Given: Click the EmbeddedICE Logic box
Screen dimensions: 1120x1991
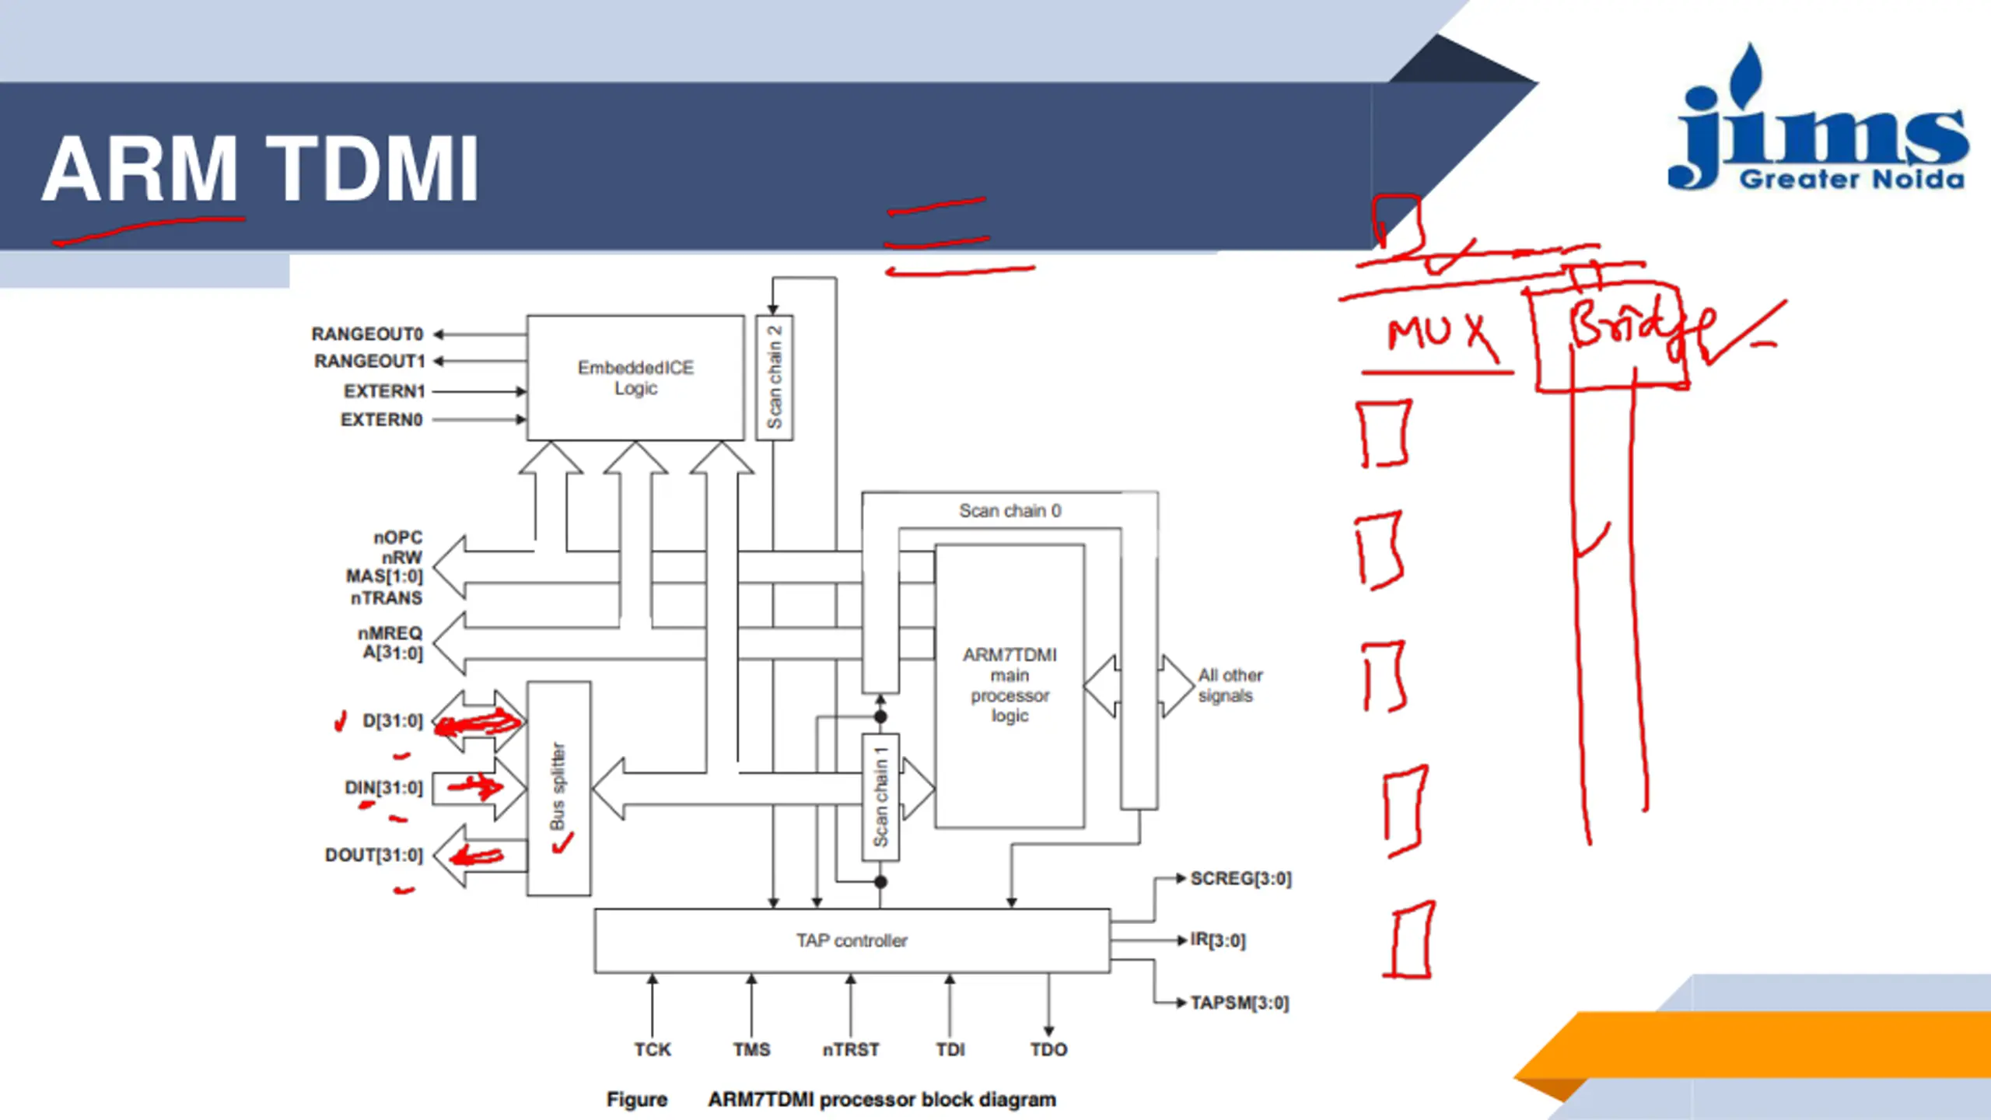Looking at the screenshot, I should point(635,377).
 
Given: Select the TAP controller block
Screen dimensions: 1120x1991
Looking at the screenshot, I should point(852,940).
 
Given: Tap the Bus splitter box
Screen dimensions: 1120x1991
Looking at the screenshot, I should point(558,787).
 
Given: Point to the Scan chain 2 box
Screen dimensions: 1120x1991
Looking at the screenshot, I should point(774,377).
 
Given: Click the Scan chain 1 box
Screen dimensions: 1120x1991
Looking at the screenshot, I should point(880,796).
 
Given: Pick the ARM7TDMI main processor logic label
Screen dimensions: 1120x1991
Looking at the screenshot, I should point(1009,684).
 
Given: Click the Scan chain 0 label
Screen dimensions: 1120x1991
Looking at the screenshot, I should point(1009,511).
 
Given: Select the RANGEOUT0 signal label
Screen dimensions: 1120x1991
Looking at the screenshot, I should point(367,334).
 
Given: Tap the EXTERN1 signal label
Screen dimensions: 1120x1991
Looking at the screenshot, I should point(384,391).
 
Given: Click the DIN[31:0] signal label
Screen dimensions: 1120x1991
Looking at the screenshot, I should point(383,788).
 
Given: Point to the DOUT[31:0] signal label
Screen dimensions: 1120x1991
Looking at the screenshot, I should point(373,855).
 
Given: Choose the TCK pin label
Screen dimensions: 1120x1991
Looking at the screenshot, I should point(652,1049).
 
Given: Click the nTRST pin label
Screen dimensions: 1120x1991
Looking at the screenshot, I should point(851,1049).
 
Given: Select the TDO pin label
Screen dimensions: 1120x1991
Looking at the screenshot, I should point(1048,1049).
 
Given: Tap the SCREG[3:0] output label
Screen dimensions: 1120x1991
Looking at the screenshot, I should point(1240,878).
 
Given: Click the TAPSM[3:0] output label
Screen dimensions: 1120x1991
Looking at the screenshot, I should point(1239,1003).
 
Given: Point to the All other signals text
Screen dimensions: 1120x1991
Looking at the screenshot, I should point(1230,685).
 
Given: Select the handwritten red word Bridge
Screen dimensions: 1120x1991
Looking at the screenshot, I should point(1633,327).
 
